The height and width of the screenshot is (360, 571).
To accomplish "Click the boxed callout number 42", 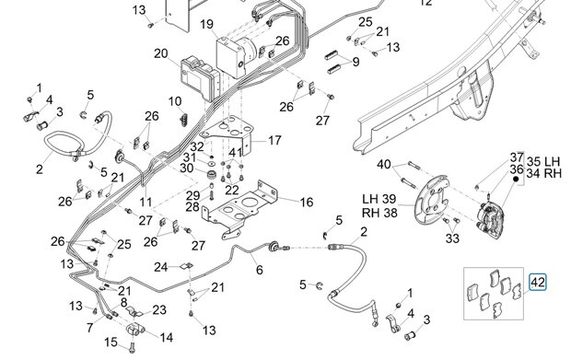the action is (538, 283).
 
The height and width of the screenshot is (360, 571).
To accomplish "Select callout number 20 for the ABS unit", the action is (161, 53).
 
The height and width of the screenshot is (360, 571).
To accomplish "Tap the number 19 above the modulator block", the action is (207, 24).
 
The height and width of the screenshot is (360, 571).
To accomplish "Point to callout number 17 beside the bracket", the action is (274, 140).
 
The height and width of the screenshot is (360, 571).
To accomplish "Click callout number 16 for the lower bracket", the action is (307, 202).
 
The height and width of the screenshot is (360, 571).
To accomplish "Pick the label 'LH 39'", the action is (379, 199).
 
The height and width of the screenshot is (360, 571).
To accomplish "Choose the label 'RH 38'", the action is (379, 213).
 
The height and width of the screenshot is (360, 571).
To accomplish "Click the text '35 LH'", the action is (543, 161).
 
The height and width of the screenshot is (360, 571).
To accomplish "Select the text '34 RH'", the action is (544, 174).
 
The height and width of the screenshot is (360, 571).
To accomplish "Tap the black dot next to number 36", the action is (516, 180).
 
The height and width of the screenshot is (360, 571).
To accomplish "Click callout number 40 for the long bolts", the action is (384, 164).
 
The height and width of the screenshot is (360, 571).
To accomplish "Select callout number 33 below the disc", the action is (452, 238).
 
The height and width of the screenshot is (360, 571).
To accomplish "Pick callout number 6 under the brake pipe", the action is (260, 270).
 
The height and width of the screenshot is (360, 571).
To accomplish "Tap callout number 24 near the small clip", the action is (160, 267).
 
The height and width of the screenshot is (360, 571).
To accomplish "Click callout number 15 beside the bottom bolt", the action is (111, 343).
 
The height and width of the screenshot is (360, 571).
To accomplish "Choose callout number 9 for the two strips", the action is (355, 62).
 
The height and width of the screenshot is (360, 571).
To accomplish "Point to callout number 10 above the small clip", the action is (175, 101).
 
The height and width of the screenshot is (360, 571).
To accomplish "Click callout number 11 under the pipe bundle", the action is (146, 202).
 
